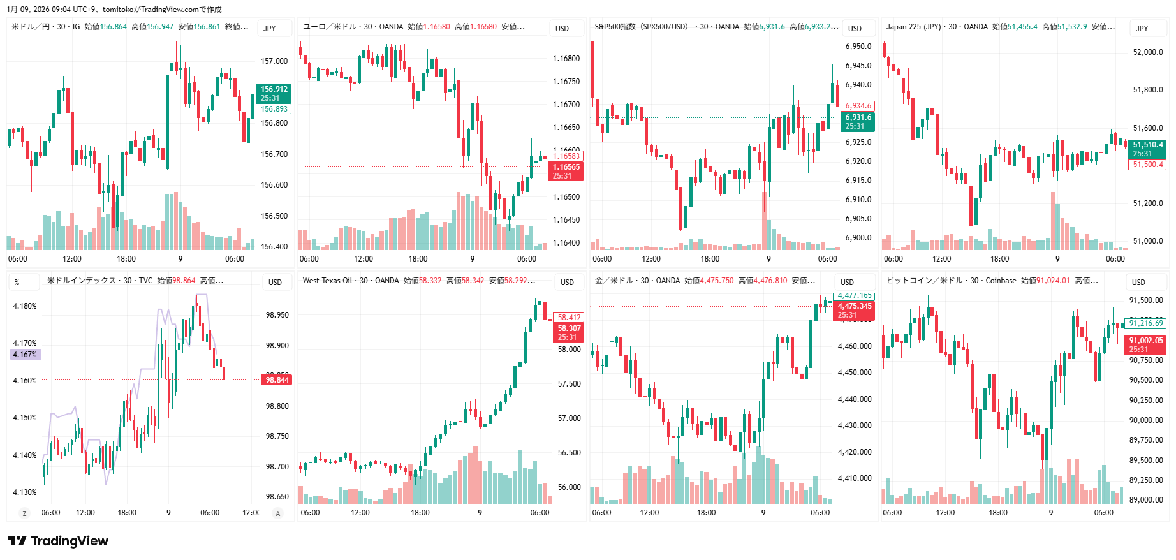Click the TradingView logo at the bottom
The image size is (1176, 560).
click(58, 541)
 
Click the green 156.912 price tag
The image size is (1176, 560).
click(274, 93)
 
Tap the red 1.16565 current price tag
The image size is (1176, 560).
click(566, 171)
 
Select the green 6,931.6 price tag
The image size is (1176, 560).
click(858, 121)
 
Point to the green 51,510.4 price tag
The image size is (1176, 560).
click(1147, 149)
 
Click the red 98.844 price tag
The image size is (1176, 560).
click(277, 380)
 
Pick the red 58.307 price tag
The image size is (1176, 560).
click(569, 332)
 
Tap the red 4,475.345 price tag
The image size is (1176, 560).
click(854, 310)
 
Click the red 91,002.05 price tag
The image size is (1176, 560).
click(1145, 344)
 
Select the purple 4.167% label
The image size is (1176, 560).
click(25, 355)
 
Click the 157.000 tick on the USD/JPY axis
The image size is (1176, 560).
click(274, 61)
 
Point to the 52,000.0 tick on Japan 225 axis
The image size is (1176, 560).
click(1147, 52)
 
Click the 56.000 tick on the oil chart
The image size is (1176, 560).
click(569, 487)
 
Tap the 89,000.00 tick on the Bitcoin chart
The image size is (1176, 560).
click(1146, 500)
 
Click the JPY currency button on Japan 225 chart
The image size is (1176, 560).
click(1142, 28)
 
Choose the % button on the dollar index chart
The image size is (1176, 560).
click(17, 282)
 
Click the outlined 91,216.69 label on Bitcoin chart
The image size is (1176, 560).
click(1146, 323)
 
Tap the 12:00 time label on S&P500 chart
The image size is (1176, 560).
click(651, 259)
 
